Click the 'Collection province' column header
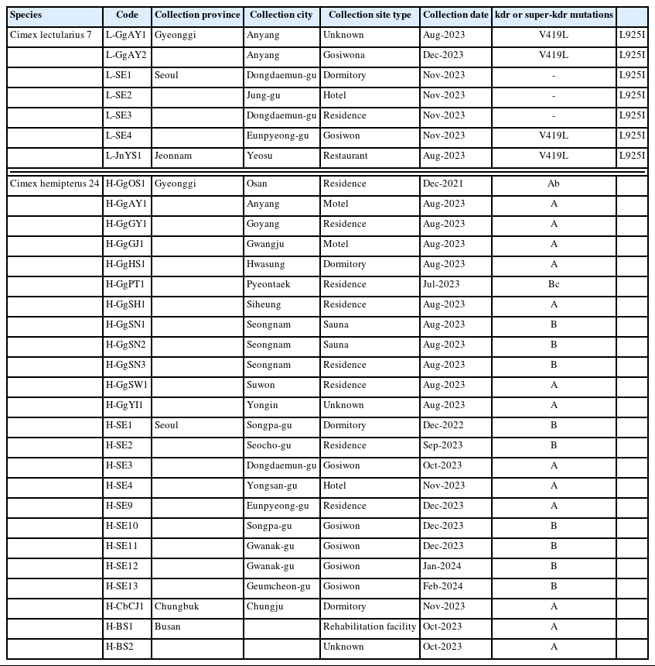point(197,15)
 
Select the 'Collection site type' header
point(370,15)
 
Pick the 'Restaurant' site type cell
point(345,156)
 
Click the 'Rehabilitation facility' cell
point(370,627)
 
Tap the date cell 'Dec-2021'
point(444,184)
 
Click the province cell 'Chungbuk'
point(176,606)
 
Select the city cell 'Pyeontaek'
point(268,284)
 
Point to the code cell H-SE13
point(123,586)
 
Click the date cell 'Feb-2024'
point(444,586)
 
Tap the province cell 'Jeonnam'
point(173,156)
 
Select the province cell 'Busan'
point(167,627)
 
